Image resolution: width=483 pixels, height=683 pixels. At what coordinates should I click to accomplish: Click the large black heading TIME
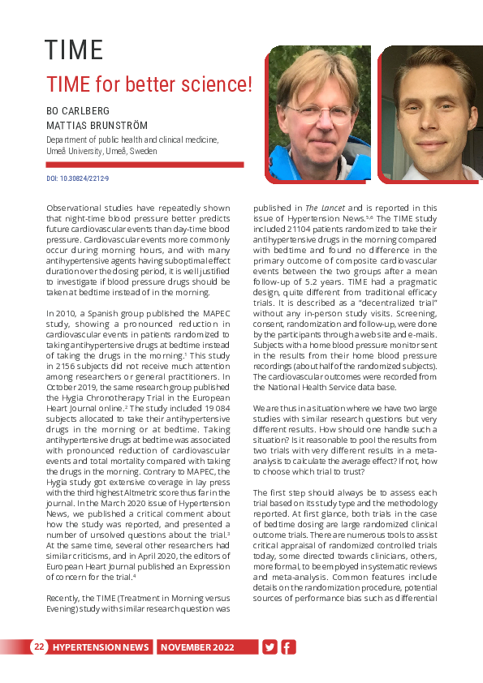click(x=74, y=50)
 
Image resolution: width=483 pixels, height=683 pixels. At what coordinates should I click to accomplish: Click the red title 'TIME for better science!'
click(x=149, y=84)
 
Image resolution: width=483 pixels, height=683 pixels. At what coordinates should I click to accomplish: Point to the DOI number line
click(x=78, y=178)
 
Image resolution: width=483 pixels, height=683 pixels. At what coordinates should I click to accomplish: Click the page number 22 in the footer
click(x=39, y=646)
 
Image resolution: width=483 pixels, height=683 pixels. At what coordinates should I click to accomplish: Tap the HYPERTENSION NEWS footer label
click(x=101, y=647)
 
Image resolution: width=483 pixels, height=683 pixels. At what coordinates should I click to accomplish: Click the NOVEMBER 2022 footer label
click(x=197, y=647)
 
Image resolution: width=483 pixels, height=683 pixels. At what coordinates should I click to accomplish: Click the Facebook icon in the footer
click(x=288, y=646)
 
